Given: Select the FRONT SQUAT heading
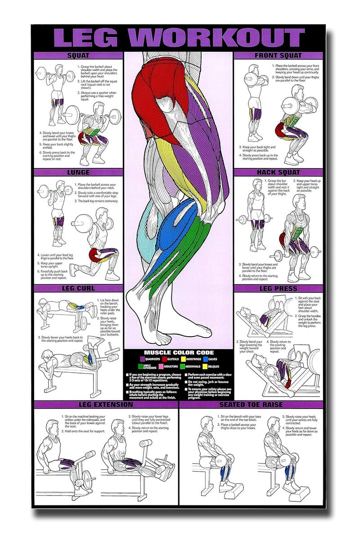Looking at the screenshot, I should [279, 55].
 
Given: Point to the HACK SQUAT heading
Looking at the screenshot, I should [279, 172].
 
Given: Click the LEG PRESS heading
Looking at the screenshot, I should [279, 288].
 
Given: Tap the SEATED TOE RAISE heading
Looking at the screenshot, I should [251, 404].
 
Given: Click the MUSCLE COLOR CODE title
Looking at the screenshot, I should [179, 352].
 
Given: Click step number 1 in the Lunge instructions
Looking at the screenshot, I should [76, 184].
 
